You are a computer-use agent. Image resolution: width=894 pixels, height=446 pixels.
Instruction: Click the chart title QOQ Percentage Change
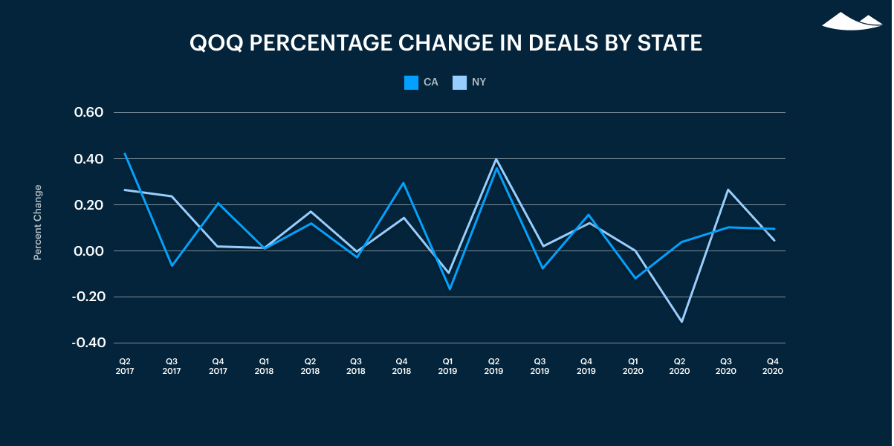(446, 43)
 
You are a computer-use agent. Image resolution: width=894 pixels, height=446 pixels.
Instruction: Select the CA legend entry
(421, 83)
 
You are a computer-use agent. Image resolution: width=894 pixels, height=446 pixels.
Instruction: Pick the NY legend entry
(470, 83)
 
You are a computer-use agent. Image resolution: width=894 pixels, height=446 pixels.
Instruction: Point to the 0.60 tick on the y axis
(88, 113)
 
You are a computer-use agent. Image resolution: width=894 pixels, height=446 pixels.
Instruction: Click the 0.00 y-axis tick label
(88, 251)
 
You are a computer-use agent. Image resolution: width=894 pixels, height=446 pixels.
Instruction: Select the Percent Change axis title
(38, 222)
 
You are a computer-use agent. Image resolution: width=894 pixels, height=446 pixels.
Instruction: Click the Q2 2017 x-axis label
(125, 366)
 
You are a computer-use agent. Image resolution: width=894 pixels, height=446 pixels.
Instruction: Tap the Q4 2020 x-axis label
(773, 366)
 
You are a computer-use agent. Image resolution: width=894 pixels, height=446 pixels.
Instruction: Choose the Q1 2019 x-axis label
(448, 366)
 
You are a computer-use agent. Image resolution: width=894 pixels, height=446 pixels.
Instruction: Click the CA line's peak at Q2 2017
(125, 154)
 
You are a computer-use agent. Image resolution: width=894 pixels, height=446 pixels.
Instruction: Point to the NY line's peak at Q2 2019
(495, 159)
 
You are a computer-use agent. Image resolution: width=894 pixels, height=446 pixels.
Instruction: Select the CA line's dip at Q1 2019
(449, 289)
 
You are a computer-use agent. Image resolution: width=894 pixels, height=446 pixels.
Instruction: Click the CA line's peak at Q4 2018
(403, 183)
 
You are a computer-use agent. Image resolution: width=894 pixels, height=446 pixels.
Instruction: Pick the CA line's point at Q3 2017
(172, 265)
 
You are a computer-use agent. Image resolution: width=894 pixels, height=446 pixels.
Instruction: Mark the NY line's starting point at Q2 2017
(125, 190)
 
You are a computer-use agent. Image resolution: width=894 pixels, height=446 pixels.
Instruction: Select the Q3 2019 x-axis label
(540, 366)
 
